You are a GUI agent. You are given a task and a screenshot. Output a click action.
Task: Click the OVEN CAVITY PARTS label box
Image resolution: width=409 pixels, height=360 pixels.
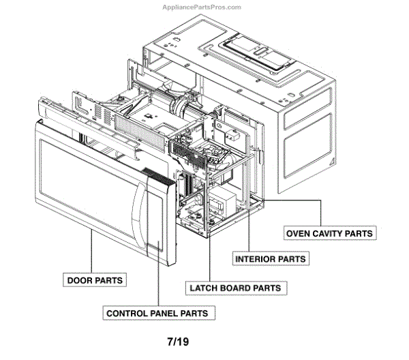click(330, 233)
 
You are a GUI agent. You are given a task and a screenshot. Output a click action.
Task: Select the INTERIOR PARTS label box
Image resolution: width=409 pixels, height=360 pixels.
click(270, 259)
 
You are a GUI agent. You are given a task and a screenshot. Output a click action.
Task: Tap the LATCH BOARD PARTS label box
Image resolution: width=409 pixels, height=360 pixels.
click(234, 288)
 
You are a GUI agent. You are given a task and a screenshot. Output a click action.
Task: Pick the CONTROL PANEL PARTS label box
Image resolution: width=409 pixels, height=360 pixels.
click(156, 313)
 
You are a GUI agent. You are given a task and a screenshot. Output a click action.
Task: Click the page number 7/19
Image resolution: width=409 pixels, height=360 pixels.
click(177, 340)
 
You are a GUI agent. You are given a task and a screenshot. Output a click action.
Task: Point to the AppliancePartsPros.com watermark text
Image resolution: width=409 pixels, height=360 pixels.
click(204, 7)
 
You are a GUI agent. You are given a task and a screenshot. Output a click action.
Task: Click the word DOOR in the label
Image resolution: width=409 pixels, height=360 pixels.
click(81, 280)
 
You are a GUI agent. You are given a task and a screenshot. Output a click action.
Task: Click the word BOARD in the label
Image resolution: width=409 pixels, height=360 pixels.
click(235, 288)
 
